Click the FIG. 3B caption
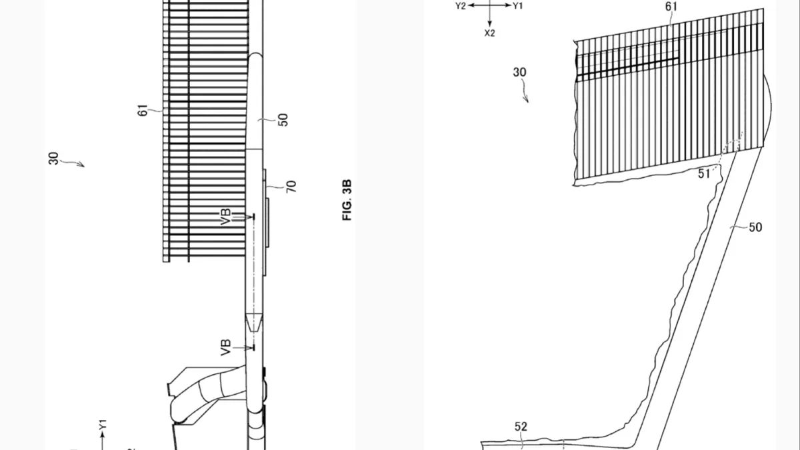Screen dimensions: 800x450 [347, 200]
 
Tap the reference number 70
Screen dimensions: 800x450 [291, 187]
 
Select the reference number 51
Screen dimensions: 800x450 [703, 174]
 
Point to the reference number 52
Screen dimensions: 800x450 [521, 427]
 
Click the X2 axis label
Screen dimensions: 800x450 [489, 33]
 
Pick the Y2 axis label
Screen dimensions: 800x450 [461, 6]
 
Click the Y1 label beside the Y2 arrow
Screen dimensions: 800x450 [517, 6]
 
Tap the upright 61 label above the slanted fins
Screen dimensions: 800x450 [671, 7]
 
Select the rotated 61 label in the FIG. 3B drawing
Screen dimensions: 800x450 [143, 110]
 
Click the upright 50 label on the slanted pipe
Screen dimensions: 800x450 [755, 227]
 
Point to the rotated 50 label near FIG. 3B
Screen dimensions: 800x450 [283, 119]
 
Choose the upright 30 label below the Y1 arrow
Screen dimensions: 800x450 [519, 72]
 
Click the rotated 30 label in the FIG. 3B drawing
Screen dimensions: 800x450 [53, 159]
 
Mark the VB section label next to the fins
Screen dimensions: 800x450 [226, 217]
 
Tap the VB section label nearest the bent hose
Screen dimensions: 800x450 [226, 347]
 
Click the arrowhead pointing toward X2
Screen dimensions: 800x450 [489, 24]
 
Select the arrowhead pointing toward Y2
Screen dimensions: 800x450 [471, 5]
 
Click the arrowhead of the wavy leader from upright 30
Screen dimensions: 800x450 [527, 100]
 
